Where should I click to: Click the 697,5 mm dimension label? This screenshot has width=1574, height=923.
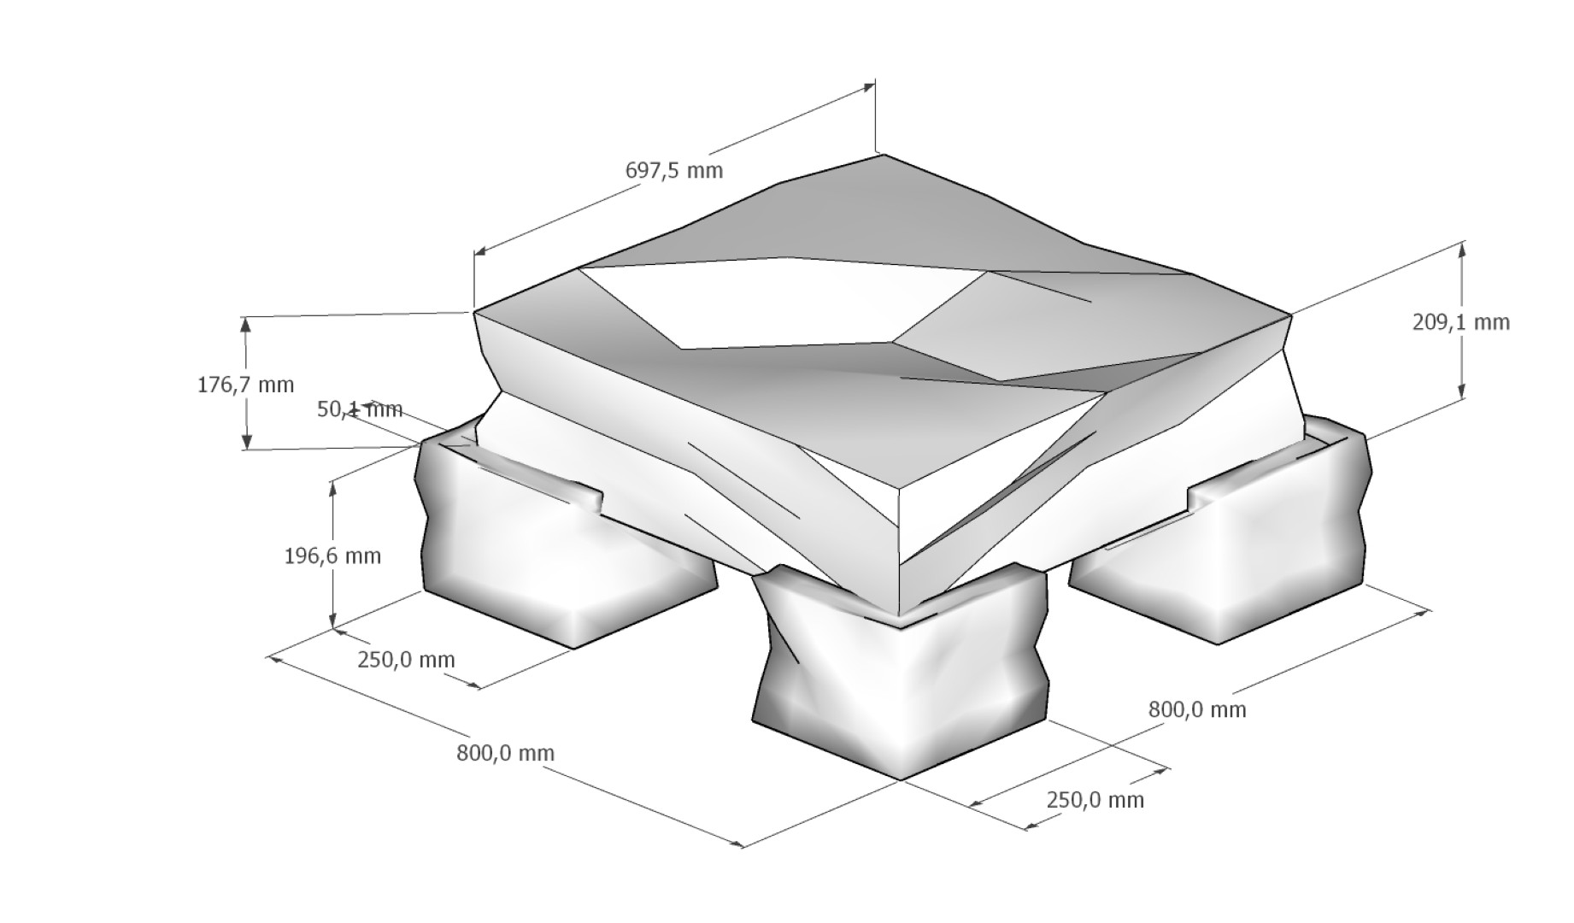(x=674, y=170)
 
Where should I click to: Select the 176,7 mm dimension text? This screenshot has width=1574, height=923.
(x=245, y=385)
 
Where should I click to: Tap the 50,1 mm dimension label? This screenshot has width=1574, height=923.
(x=359, y=409)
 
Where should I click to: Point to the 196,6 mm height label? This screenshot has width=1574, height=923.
(x=332, y=556)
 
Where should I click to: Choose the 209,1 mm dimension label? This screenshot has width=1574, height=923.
(x=1461, y=322)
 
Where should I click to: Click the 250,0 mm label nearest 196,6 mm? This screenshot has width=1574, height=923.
(x=406, y=660)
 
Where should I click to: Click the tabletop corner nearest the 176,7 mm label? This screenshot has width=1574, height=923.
(x=475, y=312)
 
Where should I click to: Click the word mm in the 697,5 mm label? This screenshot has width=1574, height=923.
(x=705, y=170)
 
